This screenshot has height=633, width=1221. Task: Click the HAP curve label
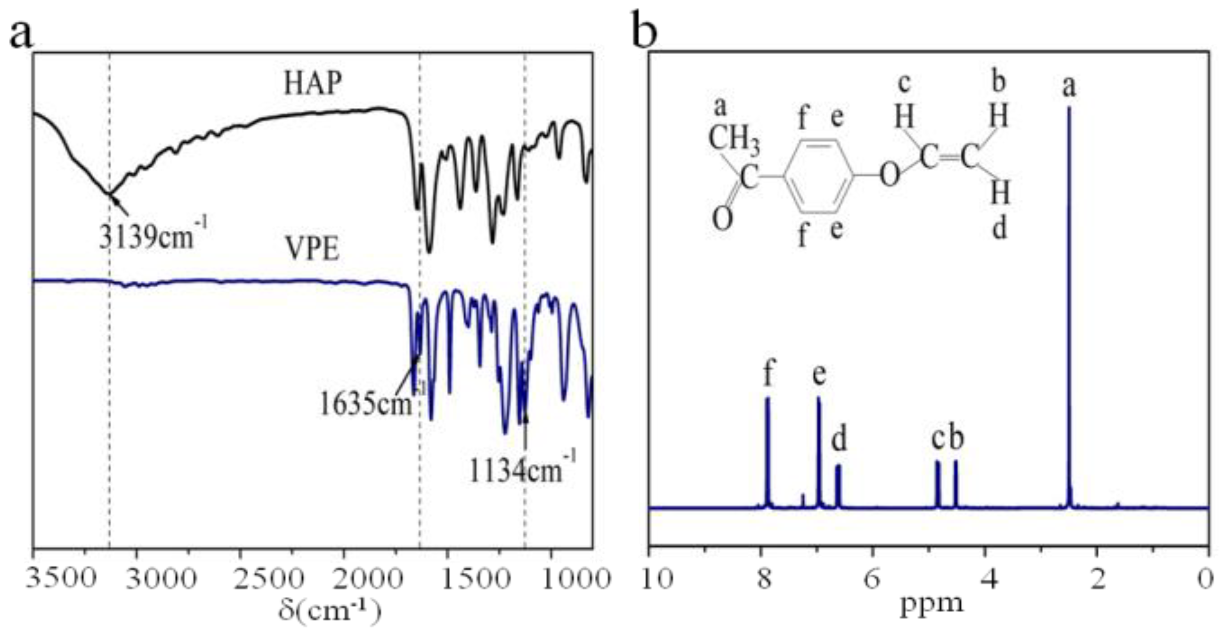click(x=312, y=84)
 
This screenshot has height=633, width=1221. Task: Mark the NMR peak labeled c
click(x=937, y=484)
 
